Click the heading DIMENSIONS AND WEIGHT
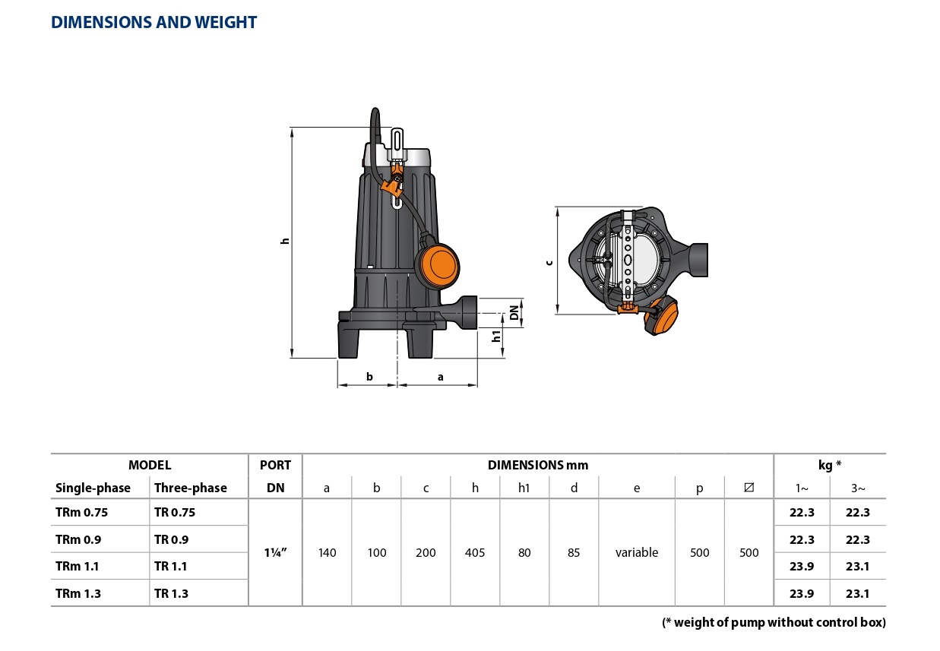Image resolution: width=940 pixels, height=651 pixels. [154, 23]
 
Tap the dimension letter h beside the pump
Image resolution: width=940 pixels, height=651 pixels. [285, 241]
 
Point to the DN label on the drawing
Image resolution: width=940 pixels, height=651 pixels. [514, 312]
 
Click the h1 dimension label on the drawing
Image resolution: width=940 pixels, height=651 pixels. [497, 335]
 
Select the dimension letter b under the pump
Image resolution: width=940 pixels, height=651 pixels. [369, 376]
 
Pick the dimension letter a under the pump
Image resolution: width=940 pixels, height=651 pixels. [440, 376]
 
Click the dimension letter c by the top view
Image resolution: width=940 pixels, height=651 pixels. [549, 262]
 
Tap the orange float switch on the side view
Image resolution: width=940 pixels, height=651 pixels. [438, 264]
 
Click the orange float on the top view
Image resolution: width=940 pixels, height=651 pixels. [662, 317]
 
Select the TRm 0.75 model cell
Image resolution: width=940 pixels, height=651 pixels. [82, 512]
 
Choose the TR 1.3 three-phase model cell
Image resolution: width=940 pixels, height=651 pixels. [171, 593]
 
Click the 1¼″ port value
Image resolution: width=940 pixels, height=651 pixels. [275, 552]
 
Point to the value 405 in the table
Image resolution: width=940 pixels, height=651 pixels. [475, 552]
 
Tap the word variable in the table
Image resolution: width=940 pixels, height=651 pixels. [637, 552]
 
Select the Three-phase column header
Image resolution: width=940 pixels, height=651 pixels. [190, 488]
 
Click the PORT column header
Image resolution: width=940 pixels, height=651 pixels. [275, 465]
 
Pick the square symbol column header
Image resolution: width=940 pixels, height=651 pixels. [749, 488]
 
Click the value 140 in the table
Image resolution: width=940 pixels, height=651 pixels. [327, 552]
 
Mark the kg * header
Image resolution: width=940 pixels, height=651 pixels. [830, 465]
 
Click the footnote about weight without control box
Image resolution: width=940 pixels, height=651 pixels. [774, 622]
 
